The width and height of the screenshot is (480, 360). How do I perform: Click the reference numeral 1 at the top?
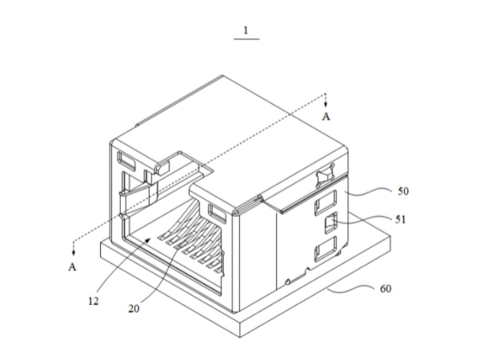[x=246, y=30]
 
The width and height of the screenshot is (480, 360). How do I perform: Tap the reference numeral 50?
[x=403, y=191]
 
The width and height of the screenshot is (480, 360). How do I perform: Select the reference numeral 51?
[x=401, y=219]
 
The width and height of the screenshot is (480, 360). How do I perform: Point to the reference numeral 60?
[x=386, y=289]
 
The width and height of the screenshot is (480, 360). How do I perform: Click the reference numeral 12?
[x=94, y=302]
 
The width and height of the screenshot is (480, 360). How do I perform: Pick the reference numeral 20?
[x=134, y=309]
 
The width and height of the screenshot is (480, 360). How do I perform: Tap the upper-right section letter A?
[x=326, y=116]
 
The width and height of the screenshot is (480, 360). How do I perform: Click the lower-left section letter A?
[x=72, y=267]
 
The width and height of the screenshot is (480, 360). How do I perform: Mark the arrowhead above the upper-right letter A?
[x=326, y=104]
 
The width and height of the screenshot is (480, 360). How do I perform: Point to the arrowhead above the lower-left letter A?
[x=74, y=253]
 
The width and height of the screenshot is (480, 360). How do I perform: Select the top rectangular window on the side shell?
[x=326, y=203]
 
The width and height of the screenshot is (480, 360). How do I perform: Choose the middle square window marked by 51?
[x=331, y=223]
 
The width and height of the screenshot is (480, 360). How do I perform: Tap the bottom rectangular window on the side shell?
[x=326, y=249]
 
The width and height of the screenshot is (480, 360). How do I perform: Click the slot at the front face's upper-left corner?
[x=126, y=161]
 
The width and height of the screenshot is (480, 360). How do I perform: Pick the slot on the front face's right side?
[x=217, y=213]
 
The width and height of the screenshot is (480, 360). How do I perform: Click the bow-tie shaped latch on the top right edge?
[x=325, y=175]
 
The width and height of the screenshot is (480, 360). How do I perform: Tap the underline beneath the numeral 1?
[x=246, y=39]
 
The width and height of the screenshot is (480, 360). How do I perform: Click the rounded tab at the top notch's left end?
[x=162, y=167]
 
